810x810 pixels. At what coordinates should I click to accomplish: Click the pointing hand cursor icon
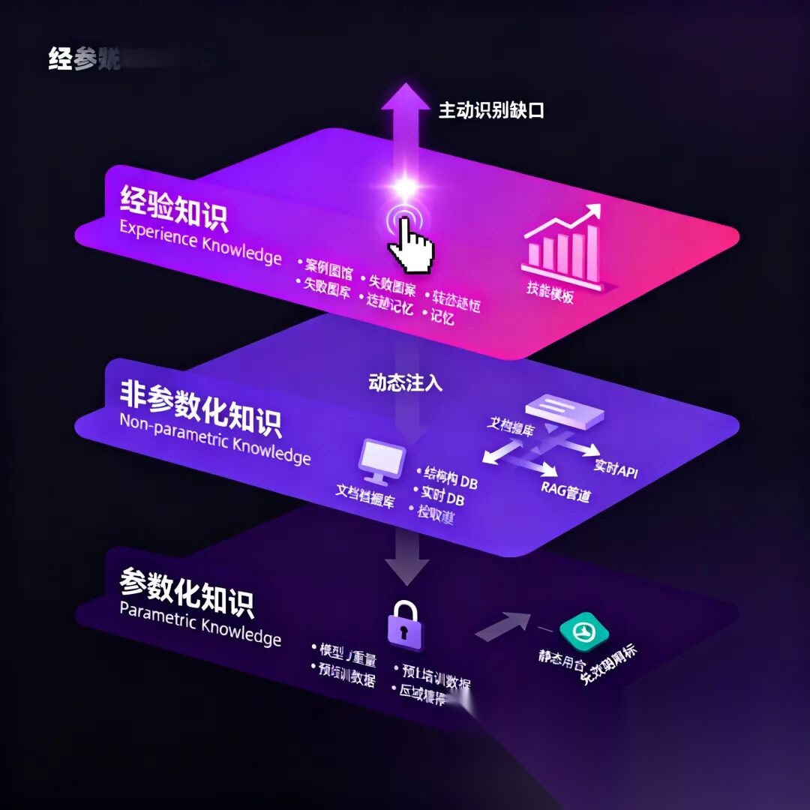coord(409,244)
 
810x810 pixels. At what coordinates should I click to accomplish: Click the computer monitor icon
coord(383,462)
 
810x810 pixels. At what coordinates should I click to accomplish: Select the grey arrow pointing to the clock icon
coord(502,625)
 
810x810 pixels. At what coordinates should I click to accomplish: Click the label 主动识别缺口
coord(490,110)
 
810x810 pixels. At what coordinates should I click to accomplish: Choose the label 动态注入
coord(405,382)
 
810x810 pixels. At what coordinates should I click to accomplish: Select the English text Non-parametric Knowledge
coord(214,438)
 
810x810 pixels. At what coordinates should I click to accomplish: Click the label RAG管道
coord(566,492)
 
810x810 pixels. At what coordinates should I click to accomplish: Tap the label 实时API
coord(616,468)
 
